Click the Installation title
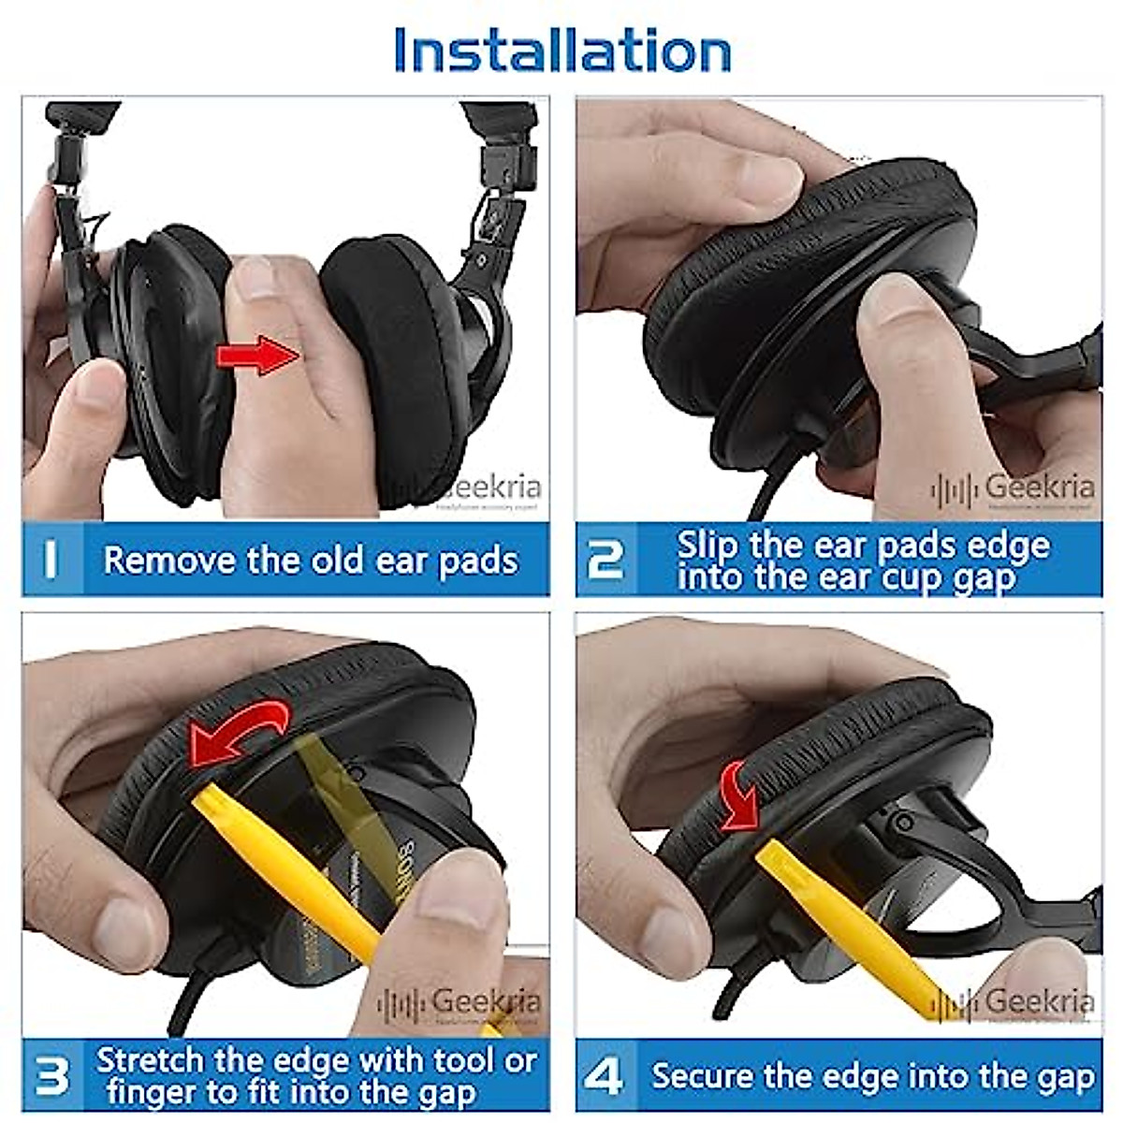(x=561, y=51)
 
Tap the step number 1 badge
(x=51, y=560)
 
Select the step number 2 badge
(x=605, y=560)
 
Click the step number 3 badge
(x=51, y=1075)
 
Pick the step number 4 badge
(x=604, y=1075)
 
